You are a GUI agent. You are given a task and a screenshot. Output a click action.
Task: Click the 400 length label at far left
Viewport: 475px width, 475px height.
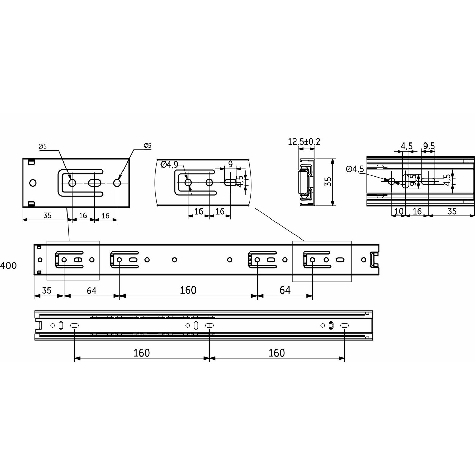click(x=8, y=265)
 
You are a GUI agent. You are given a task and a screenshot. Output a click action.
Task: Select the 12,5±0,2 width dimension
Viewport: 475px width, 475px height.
click(x=304, y=141)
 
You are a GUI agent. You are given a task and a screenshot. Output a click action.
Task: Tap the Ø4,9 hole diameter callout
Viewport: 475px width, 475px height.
click(x=169, y=165)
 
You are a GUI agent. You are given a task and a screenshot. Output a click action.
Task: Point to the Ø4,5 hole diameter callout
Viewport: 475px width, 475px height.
click(x=355, y=169)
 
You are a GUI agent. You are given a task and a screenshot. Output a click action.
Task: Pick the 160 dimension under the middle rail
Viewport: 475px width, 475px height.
click(x=188, y=290)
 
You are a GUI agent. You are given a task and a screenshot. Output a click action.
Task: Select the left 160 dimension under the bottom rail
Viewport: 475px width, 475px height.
click(x=141, y=353)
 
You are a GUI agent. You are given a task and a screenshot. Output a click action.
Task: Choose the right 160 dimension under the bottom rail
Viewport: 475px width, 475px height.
click(x=277, y=353)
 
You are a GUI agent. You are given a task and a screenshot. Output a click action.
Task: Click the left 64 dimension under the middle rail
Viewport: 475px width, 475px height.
click(x=91, y=291)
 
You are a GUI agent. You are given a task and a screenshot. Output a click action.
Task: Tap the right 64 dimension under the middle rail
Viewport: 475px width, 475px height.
click(x=285, y=290)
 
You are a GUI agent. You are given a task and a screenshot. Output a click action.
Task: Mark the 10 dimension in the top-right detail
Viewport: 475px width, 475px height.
click(x=399, y=211)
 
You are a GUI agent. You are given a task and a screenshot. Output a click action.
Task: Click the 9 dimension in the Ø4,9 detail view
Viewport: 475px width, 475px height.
click(x=230, y=164)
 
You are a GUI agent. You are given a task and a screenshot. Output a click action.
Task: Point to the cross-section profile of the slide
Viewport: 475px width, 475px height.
click(x=306, y=182)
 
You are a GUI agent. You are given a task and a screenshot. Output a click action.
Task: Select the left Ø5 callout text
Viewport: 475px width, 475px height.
click(x=43, y=146)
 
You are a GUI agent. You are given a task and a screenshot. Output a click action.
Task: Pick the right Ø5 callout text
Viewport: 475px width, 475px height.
click(x=147, y=145)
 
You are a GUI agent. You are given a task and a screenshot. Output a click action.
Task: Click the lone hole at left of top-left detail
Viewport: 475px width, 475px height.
click(x=33, y=183)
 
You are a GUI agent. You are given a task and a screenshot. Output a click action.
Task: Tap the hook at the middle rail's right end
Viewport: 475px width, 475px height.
click(x=374, y=259)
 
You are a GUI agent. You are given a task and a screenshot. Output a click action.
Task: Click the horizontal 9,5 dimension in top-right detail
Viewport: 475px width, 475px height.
click(x=429, y=146)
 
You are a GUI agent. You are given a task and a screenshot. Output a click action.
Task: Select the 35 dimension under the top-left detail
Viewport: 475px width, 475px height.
click(x=47, y=215)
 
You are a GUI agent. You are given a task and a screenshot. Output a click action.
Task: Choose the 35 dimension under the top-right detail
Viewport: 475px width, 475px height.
click(x=452, y=211)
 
